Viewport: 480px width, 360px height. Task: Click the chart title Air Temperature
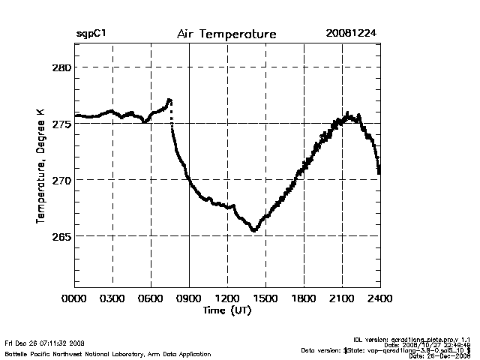[226, 34]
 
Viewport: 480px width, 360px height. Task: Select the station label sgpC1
[90, 34]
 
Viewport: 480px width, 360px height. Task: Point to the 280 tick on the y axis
[60, 67]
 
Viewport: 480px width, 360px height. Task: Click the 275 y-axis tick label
[60, 124]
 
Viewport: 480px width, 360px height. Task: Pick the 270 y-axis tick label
[60, 180]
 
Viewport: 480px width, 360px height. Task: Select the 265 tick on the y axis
[60, 236]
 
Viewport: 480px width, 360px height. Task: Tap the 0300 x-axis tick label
[112, 299]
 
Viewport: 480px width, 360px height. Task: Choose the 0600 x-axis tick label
[151, 299]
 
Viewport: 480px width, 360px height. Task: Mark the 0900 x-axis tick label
[189, 299]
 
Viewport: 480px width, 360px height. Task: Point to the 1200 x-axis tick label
[227, 299]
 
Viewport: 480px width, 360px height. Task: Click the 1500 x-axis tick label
[265, 299]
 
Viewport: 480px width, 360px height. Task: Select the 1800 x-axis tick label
[304, 299]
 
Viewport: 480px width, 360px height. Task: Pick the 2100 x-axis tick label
[342, 299]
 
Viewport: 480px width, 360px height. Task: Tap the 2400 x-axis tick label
[379, 299]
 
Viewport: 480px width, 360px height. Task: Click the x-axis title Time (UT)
[227, 310]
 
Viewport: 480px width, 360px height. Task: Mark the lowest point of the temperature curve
[254, 230]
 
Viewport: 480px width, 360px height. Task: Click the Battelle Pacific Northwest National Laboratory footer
[108, 354]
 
